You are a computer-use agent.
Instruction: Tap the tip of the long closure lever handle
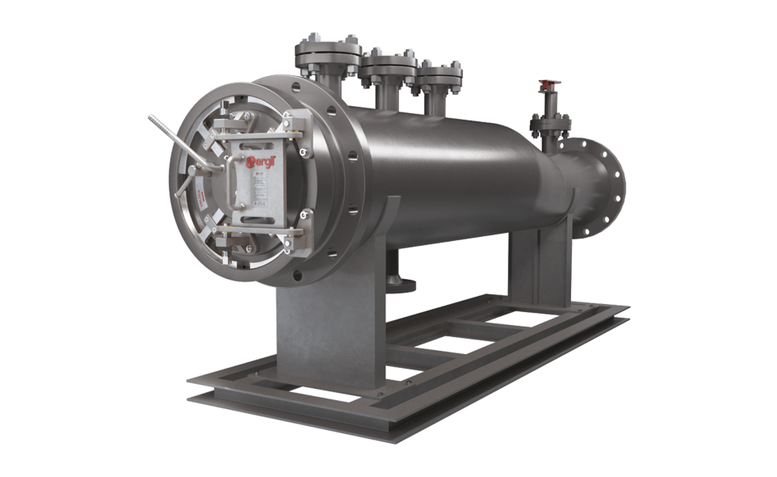click(x=151, y=118)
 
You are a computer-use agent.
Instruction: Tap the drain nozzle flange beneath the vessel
click(x=401, y=283)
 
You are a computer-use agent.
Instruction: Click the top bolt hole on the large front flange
click(x=296, y=83)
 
